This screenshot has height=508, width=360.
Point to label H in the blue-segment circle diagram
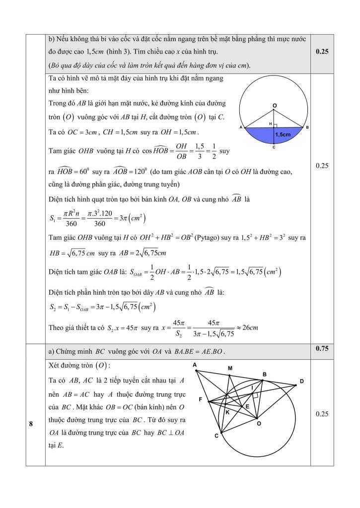pyautogui.click(x=271, y=123)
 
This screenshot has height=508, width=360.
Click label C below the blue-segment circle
pyautogui.click(x=275, y=148)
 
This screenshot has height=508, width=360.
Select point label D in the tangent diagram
pyautogui.click(x=301, y=381)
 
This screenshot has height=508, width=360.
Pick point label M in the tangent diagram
pyautogui.click(x=230, y=369)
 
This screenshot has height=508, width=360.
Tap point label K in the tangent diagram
pyautogui.click(x=227, y=412)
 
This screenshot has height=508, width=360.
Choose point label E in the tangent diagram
pyautogui.click(x=246, y=406)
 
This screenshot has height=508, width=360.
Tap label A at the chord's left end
pyautogui.click(x=241, y=127)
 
